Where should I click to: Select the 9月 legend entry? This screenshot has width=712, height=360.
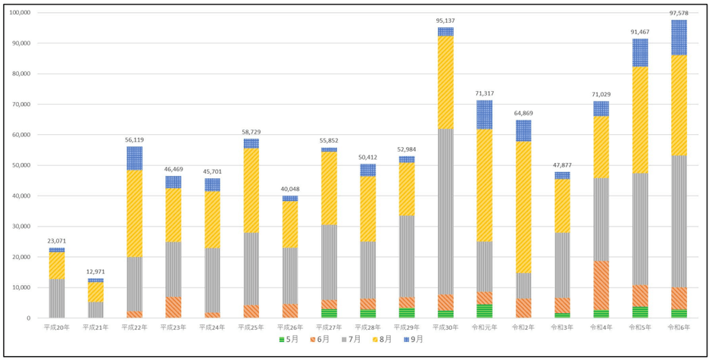(x=414, y=340)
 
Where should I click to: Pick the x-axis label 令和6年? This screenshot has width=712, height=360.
(x=679, y=327)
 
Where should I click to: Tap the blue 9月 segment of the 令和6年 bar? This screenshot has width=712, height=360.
(x=679, y=37)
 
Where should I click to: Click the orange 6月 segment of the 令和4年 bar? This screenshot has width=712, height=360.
(x=601, y=285)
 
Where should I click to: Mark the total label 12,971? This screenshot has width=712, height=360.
(x=95, y=271)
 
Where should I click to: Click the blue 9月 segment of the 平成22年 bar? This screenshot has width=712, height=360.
(x=134, y=158)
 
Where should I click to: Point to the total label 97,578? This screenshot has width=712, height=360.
(x=679, y=13)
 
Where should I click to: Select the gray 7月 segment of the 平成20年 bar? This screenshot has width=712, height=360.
(x=57, y=298)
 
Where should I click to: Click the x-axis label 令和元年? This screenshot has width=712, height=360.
(x=484, y=327)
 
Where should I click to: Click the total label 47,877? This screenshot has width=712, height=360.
(x=562, y=164)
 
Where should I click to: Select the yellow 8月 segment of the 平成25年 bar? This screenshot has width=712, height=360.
(x=251, y=189)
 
